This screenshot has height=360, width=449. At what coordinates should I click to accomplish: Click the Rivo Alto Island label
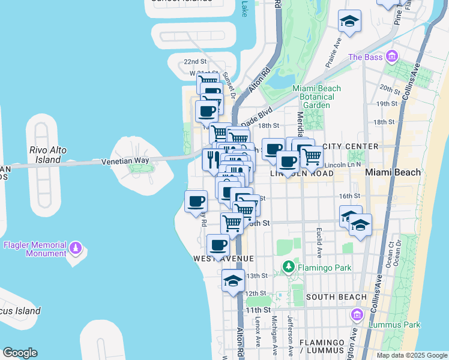(x=47, y=155)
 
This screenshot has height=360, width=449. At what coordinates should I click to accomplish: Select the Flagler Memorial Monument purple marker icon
(x=76, y=247)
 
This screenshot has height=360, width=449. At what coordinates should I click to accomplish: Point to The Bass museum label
(x=365, y=58)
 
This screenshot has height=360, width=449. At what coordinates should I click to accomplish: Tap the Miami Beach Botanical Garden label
(x=316, y=97)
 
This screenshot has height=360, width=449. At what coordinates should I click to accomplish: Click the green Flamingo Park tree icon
(x=289, y=265)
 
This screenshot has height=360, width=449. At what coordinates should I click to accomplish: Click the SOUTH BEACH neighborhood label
(x=336, y=297)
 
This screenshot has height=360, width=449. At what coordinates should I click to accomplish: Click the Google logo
(x=20, y=353)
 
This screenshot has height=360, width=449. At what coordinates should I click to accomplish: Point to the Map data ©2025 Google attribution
(x=411, y=355)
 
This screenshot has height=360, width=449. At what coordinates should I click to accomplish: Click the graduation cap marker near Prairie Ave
(x=349, y=22)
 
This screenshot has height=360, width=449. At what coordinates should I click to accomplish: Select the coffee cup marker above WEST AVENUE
(x=218, y=245)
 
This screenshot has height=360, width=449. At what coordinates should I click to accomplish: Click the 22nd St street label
(x=195, y=62)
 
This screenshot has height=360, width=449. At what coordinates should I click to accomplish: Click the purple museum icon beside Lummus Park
(x=357, y=314)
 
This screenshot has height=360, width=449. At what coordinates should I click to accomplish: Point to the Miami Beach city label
(x=393, y=172)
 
